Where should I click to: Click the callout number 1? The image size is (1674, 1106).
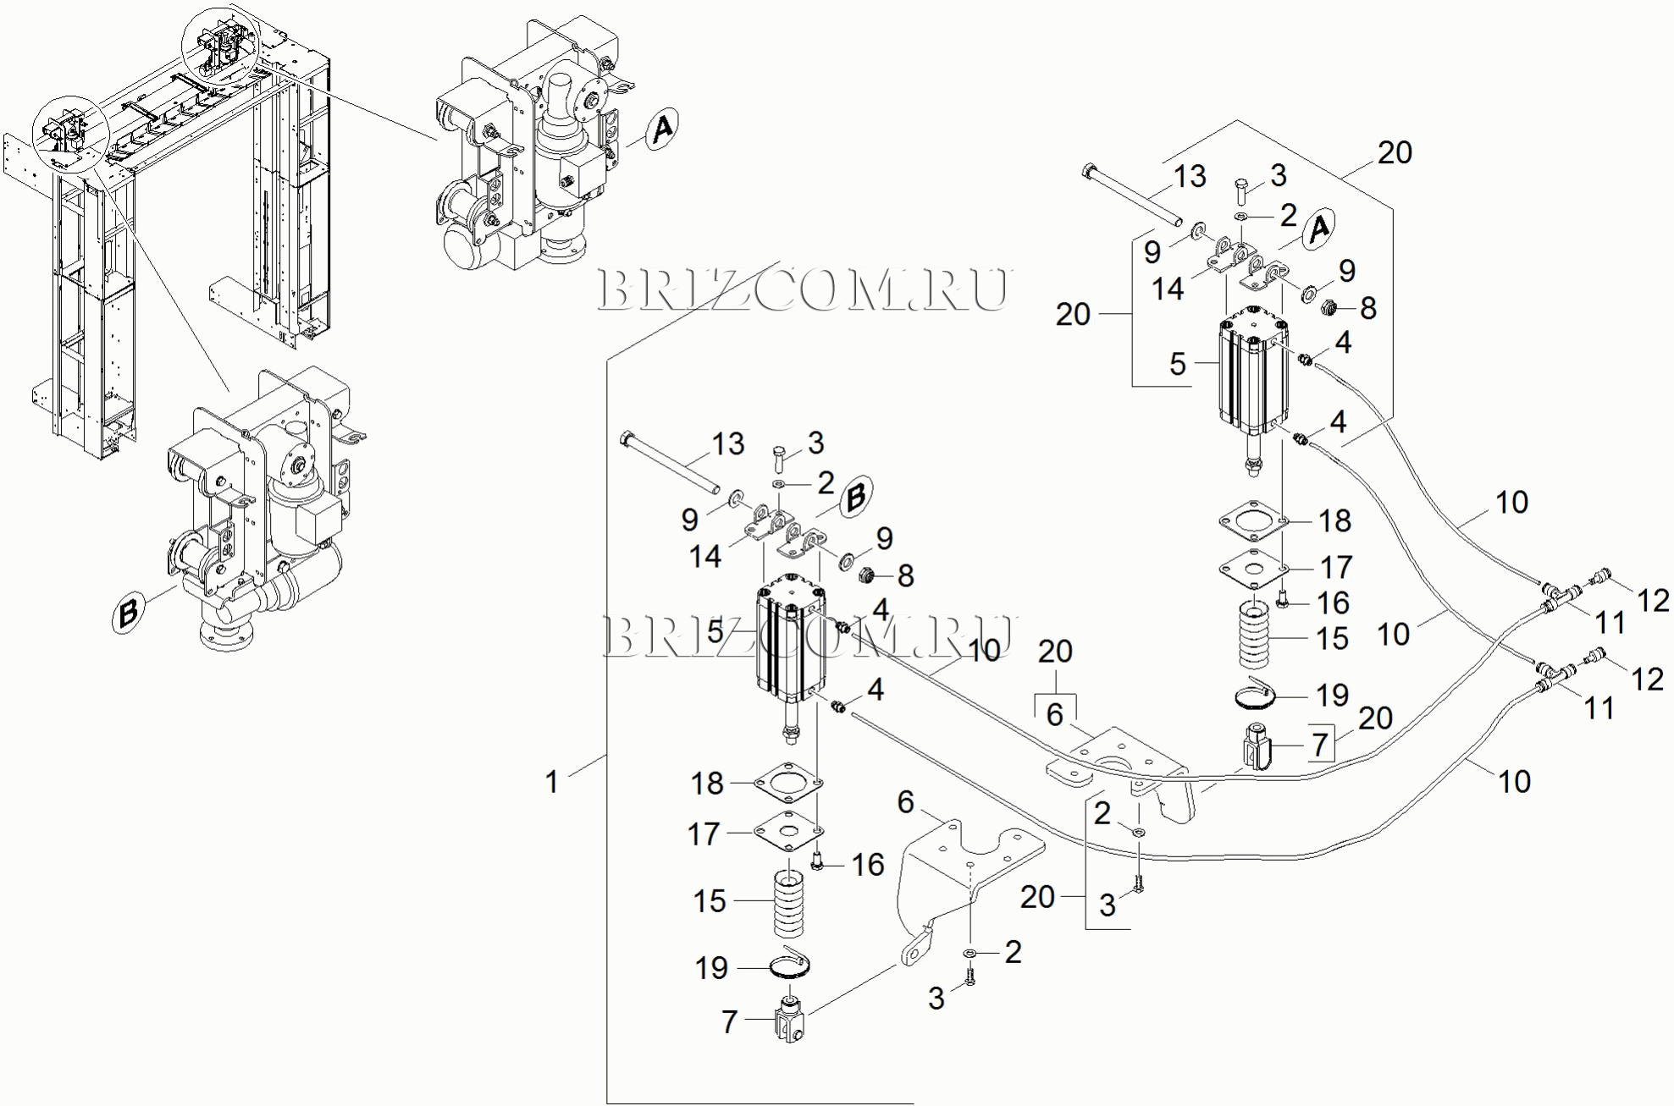[552, 781]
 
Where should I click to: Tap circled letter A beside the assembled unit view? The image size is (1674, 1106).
[662, 129]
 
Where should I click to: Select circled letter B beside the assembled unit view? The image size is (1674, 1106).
[129, 612]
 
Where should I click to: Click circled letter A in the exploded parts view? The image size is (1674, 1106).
[1318, 228]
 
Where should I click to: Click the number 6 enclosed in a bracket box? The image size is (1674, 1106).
[1055, 714]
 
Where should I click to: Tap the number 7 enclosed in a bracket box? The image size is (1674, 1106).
[1320, 744]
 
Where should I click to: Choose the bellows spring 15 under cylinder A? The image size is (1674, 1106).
[1255, 634]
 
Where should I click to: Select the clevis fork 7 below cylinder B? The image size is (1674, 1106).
[790, 1021]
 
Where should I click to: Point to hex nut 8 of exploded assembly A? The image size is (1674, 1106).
[1329, 306]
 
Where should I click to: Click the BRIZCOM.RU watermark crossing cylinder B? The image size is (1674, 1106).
[809, 636]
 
